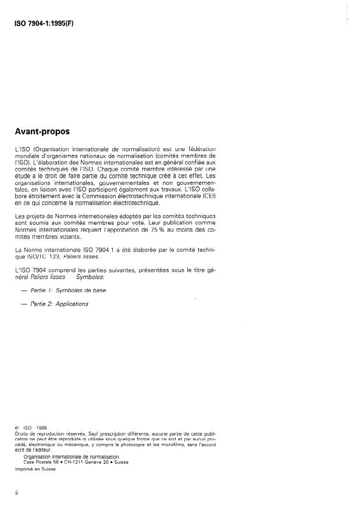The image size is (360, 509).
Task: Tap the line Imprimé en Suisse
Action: click(x=35, y=468)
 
